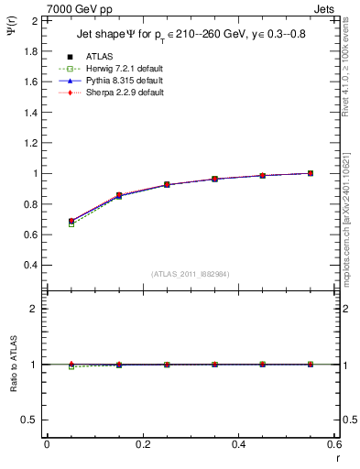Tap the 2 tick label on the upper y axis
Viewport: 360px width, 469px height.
coord(34,20)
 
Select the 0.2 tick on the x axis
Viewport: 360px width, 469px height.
coord(142,444)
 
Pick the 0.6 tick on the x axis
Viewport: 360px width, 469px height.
coord(334,444)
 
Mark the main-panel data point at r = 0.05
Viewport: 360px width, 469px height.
coord(71,222)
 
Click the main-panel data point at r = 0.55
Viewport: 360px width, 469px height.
coord(311,173)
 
